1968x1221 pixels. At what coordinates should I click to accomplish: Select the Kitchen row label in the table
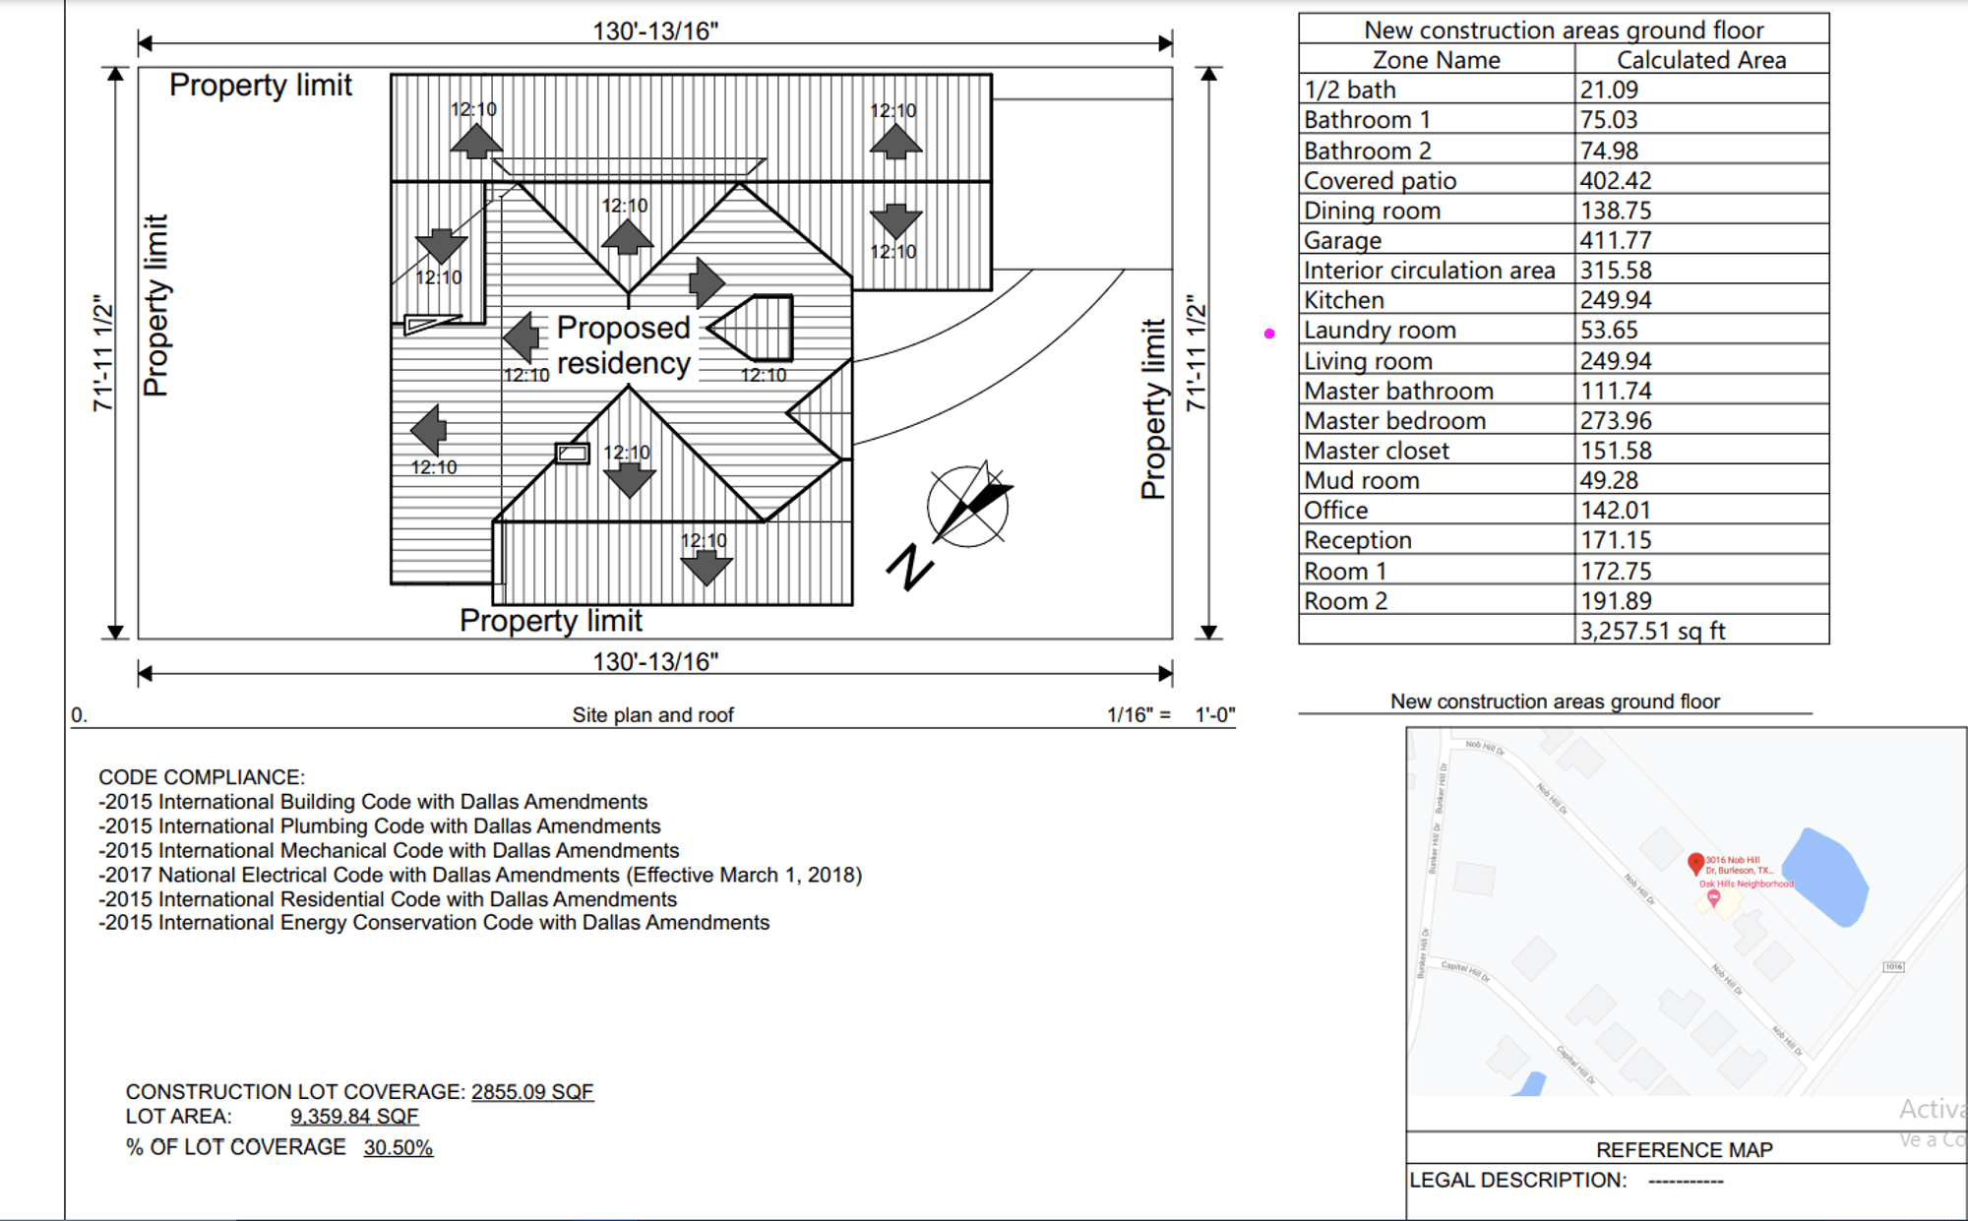pos(1343,300)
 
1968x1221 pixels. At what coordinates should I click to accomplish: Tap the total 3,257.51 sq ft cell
pos(1652,631)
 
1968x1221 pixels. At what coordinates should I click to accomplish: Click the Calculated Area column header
pos(1700,60)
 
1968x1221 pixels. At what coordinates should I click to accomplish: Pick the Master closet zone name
pos(1376,451)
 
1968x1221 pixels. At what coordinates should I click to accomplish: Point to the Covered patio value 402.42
pos(1615,181)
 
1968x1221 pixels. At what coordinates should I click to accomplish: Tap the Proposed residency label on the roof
pos(623,345)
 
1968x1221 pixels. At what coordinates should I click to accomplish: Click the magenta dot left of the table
pos(1269,334)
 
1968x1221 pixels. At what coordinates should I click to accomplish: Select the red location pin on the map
pos(1694,863)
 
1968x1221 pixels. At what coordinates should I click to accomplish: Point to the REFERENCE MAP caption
pos(1684,1149)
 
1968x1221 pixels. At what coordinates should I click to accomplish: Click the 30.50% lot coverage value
pos(398,1147)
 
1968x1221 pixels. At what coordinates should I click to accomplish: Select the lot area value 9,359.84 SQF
pos(354,1117)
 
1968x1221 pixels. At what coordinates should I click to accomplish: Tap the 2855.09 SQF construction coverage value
pos(532,1092)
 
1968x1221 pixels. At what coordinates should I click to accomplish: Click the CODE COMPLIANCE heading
pos(202,777)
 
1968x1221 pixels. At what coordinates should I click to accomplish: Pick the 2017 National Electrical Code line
pos(479,875)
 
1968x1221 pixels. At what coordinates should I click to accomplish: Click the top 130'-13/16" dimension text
pos(655,31)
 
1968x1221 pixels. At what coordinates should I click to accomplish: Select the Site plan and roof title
pos(652,715)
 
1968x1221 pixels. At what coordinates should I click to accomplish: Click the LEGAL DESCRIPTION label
pos(1517,1180)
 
